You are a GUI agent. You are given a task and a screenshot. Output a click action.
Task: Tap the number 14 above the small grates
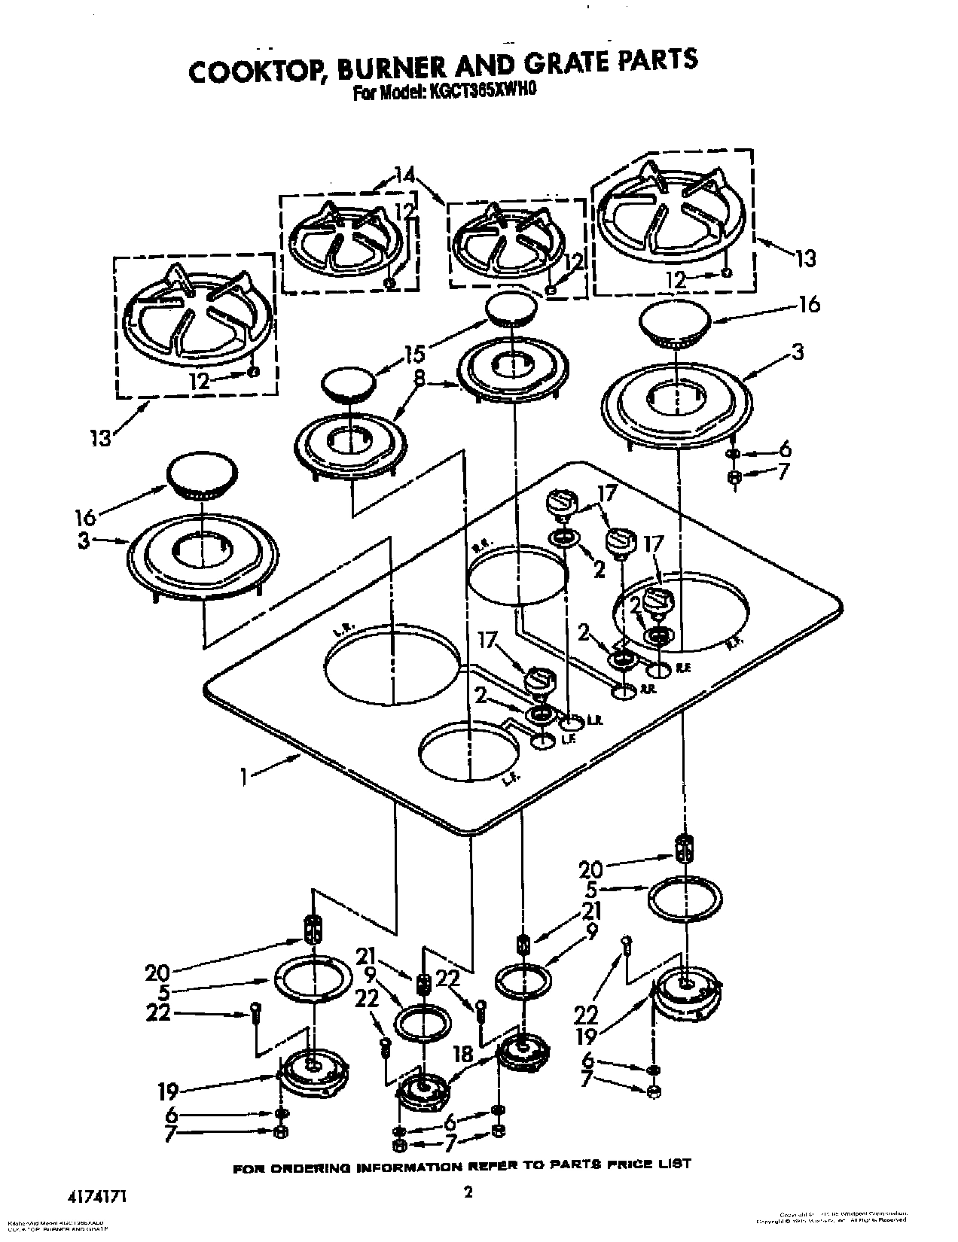404,175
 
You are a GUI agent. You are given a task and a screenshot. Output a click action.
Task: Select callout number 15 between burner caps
414,353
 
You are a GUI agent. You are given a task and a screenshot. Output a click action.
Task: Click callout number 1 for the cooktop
244,776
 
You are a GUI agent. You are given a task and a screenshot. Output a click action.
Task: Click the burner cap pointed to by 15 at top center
511,309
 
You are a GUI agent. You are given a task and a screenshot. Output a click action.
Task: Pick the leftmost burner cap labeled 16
200,476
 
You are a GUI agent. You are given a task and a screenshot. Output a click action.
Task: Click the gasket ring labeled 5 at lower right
685,896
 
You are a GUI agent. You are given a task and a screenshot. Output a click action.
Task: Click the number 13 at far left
99,437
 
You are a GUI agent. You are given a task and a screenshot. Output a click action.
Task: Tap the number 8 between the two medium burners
419,383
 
